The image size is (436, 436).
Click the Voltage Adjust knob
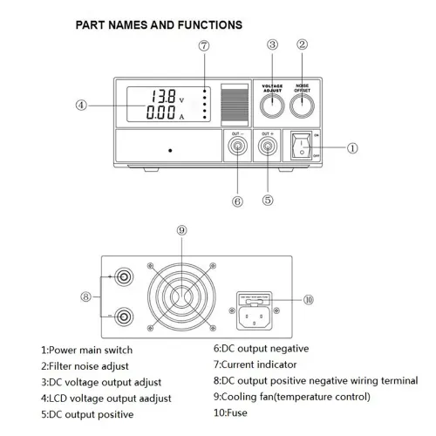pos(272,107)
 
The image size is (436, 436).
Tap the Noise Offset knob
pos(303,107)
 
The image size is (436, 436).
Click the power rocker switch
pos(303,147)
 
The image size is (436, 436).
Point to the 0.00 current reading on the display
pos(163,113)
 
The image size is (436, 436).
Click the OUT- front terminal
pos(236,147)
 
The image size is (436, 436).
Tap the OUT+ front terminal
pos(267,147)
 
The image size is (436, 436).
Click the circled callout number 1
pos(352,148)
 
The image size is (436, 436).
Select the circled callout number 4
pos(81,106)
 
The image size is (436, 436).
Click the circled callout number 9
pos(181,230)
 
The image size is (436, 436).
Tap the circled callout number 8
pos(85,296)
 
